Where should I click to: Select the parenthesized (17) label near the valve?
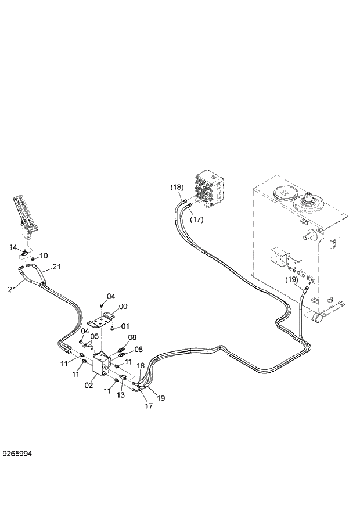(197, 220)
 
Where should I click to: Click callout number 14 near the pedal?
(13, 248)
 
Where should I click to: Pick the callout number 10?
(44, 256)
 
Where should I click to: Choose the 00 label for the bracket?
(123, 307)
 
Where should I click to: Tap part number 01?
(125, 326)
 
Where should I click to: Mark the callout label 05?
(95, 336)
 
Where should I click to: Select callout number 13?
(121, 395)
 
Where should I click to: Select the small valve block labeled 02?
(103, 367)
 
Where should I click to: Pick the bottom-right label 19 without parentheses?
(161, 398)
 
